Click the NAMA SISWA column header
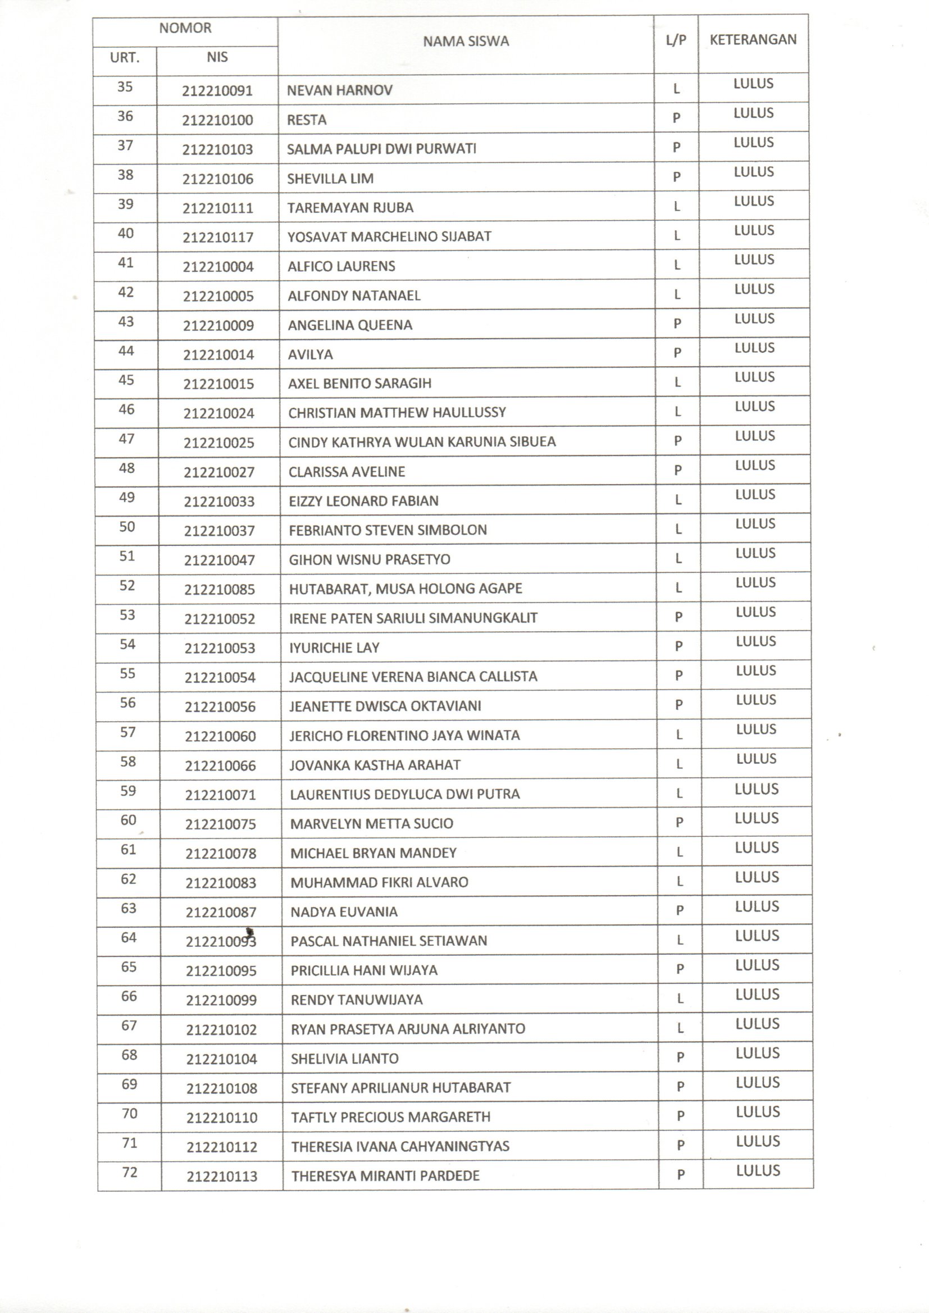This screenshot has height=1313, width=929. coord(466,41)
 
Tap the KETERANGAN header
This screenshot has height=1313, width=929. coord(753,39)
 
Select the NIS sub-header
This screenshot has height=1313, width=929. coord(217,57)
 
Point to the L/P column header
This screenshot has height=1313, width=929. coord(676,39)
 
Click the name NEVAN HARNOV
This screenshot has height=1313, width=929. coord(339,90)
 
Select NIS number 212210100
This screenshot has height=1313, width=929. coord(217,120)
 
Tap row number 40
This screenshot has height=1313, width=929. coord(126,233)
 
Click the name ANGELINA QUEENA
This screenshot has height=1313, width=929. coord(349,325)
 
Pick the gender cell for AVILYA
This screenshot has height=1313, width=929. coord(677,353)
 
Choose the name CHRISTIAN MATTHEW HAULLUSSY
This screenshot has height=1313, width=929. coord(397,413)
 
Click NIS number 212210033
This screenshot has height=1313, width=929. coord(219,502)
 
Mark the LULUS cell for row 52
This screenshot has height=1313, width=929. coord(755,583)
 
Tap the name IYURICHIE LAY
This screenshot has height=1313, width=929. coord(334,648)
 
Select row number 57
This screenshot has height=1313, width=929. coord(127,732)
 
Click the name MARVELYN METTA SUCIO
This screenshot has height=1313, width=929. coord(371,823)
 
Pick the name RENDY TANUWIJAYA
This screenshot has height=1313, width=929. coord(357,1000)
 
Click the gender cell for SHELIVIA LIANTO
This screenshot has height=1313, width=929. coord(680,1057)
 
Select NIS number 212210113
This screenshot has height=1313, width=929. coord(222,1177)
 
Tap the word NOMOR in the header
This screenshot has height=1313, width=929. coord(185,28)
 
